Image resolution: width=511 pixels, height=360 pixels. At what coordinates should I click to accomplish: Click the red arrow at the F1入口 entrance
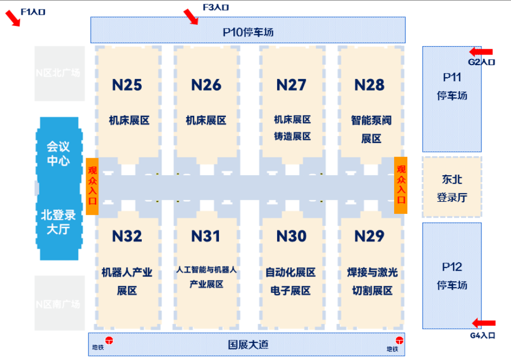pyautogui.click(x=12, y=18)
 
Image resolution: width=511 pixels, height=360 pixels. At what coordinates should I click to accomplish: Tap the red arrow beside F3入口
pyautogui.click(x=190, y=16)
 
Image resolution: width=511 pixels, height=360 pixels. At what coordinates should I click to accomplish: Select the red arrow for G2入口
pyautogui.click(x=481, y=52)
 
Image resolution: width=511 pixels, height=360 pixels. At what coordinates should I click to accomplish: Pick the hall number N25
pyautogui.click(x=127, y=85)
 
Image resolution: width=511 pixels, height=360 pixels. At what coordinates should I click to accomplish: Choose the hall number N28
pyautogui.click(x=369, y=85)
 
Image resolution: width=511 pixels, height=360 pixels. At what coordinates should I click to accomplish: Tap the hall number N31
pyautogui.click(x=206, y=236)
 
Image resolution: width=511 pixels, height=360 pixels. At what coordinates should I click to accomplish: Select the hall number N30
pyautogui.click(x=291, y=236)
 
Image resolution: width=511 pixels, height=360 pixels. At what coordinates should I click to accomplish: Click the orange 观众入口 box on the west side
pyautogui.click(x=93, y=186)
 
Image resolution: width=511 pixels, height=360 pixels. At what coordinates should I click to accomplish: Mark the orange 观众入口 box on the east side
pyautogui.click(x=400, y=185)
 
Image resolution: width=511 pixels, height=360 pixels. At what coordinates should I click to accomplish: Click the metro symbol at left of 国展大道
pyautogui.click(x=109, y=340)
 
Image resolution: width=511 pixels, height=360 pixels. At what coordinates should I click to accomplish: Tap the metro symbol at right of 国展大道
pyautogui.click(x=399, y=340)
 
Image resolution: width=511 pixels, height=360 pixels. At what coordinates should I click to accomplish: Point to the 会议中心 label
pyautogui.click(x=58, y=153)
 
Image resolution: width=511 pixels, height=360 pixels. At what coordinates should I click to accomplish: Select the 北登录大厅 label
pyautogui.click(x=58, y=222)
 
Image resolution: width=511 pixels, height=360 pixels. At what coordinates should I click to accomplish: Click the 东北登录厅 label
pyautogui.click(x=452, y=188)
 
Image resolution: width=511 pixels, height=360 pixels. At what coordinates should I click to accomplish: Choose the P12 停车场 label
pyautogui.click(x=452, y=275)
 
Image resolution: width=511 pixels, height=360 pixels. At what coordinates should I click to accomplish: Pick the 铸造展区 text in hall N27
pyautogui.click(x=292, y=137)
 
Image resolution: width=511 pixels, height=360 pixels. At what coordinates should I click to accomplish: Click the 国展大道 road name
pyautogui.click(x=248, y=345)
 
